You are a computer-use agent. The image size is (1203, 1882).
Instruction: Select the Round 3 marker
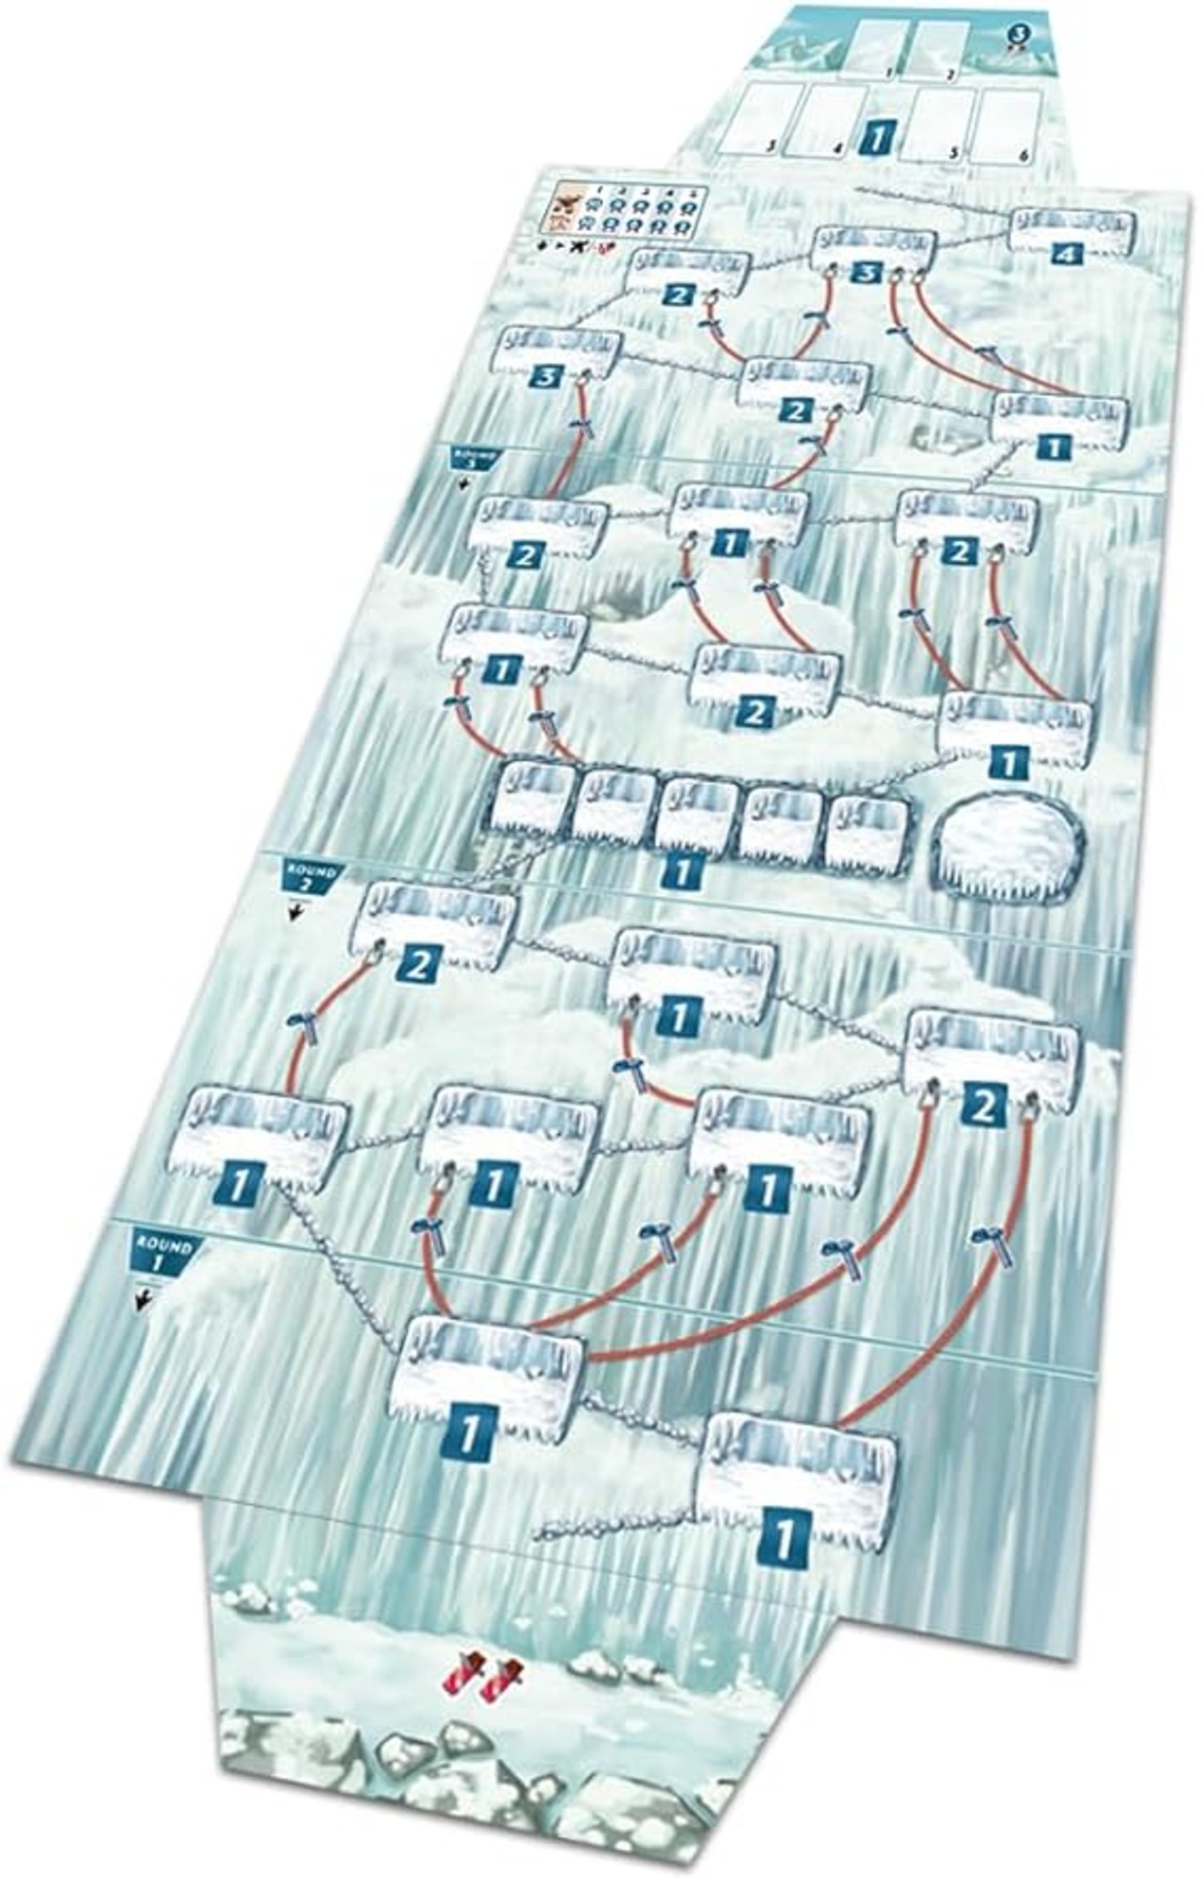[476, 459]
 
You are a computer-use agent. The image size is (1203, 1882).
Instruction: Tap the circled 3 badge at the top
[1019, 34]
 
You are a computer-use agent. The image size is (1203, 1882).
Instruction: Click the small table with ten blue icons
[626, 210]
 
